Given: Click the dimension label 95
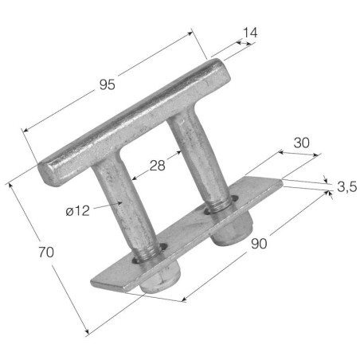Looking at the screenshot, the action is (x=108, y=85).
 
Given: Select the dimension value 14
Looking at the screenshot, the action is (x=250, y=33).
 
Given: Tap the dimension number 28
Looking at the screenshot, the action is (x=158, y=166).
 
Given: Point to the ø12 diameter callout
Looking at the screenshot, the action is (x=78, y=211).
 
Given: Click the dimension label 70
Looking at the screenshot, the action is (x=46, y=252).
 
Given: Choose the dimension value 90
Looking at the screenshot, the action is (x=259, y=244).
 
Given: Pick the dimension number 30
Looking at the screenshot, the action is (x=302, y=143).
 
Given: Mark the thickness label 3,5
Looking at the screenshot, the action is (x=346, y=187).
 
